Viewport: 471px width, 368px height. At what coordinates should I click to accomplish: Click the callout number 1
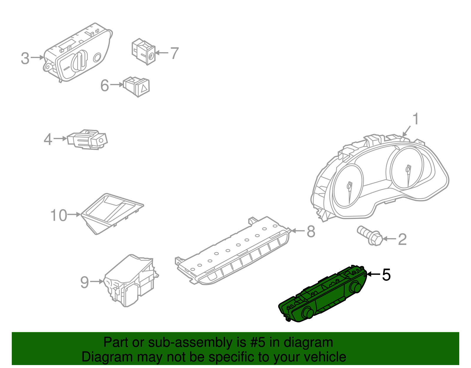(416, 119)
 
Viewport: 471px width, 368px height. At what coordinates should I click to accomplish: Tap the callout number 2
(402, 240)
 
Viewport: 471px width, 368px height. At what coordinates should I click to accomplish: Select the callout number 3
(25, 58)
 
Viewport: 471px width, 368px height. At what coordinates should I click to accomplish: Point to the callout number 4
(48, 139)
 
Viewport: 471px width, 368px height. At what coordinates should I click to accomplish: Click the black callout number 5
(386, 275)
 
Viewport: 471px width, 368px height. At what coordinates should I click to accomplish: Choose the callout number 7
(175, 53)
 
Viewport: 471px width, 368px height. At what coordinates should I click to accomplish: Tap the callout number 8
(311, 231)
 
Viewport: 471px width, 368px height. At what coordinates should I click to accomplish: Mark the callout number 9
(84, 282)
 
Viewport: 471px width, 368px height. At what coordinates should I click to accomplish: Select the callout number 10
(59, 215)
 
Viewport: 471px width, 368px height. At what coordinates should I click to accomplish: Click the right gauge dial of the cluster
(407, 168)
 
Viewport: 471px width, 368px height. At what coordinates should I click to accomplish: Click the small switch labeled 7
(143, 52)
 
